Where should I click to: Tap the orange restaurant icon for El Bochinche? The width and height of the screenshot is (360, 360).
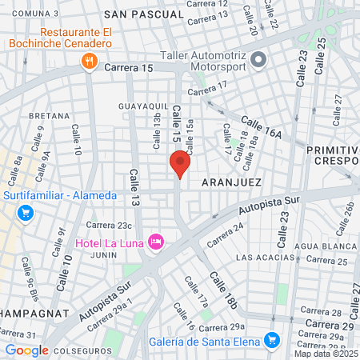89,60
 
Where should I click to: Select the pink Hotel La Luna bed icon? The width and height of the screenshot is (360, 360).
156,241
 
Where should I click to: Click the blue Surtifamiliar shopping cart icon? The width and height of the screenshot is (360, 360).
26,213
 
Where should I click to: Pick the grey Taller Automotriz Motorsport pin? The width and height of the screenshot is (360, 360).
258,60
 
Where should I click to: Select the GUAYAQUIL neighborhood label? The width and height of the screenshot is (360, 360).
142,105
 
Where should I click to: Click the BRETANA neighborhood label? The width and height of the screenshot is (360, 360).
50,116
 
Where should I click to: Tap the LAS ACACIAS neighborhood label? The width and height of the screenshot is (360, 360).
264,258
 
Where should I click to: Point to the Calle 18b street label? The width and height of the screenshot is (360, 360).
224,290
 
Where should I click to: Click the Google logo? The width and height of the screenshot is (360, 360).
26,350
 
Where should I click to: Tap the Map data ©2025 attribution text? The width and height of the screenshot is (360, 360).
326,354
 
